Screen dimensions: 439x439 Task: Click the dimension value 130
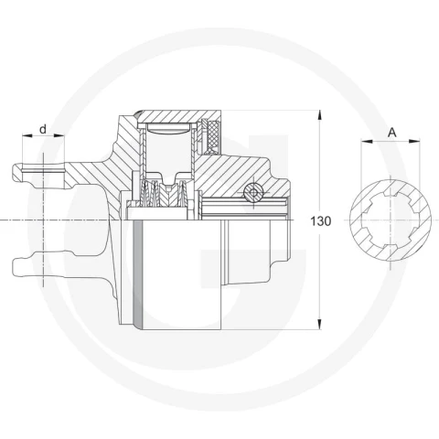[x=320, y=221]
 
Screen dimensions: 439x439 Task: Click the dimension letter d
[x=43, y=129]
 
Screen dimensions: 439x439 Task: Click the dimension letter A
[x=392, y=133]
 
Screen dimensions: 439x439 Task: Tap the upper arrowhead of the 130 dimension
[x=319, y=116]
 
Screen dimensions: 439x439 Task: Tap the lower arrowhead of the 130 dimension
[x=319, y=324]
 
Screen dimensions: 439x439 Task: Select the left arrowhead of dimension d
[x=27, y=135]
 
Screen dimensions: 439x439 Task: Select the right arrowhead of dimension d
[x=59, y=135]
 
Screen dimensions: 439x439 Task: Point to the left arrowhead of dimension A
[x=367, y=141]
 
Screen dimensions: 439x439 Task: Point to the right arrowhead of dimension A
[x=414, y=141]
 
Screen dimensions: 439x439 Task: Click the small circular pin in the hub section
[x=253, y=193]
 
